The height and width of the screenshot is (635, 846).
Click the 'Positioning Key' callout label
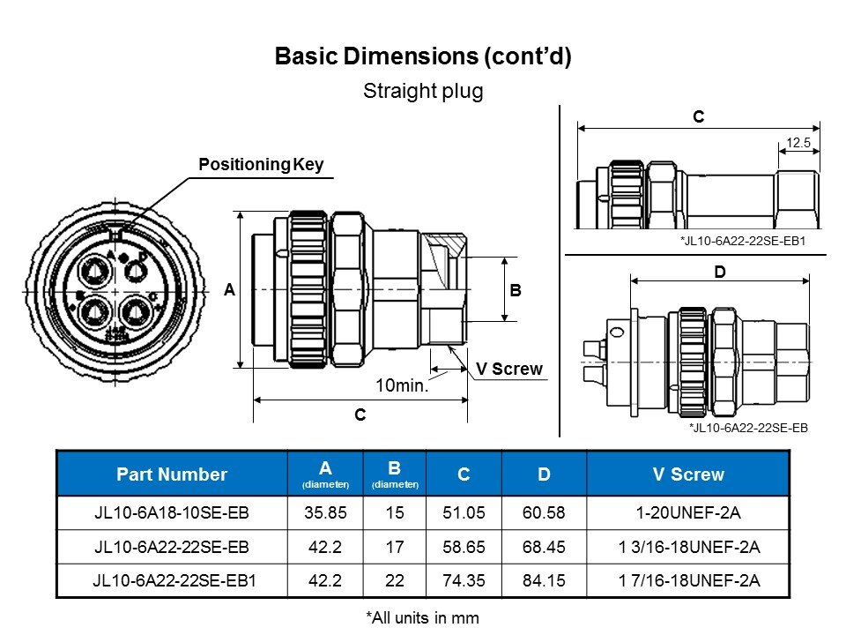(261, 165)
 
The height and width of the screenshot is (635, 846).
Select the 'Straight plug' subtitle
(423, 92)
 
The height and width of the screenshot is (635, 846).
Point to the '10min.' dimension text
(402, 385)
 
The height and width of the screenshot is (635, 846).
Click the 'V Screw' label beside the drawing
(509, 369)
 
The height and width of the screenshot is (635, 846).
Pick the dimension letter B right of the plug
(516, 290)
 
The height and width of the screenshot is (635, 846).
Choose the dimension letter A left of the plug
(229, 290)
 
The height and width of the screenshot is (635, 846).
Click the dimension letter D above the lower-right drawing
(719, 273)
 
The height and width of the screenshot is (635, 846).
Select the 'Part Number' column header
(172, 474)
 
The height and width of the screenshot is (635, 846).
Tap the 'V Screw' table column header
(688, 474)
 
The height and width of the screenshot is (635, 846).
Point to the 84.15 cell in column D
(544, 580)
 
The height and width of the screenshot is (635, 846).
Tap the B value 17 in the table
(394, 547)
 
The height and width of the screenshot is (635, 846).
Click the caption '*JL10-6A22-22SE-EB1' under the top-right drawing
(744, 240)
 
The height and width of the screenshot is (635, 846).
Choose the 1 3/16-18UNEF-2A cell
(688, 547)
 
